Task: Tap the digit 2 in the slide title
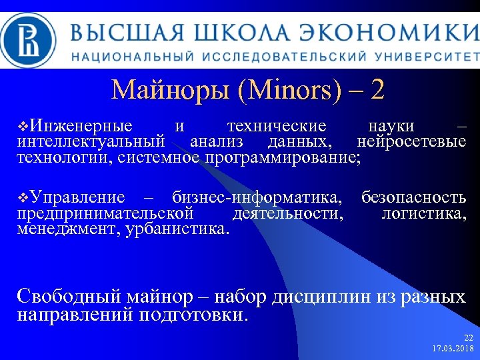click(377, 89)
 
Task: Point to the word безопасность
click(413, 197)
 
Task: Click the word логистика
click(424, 213)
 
